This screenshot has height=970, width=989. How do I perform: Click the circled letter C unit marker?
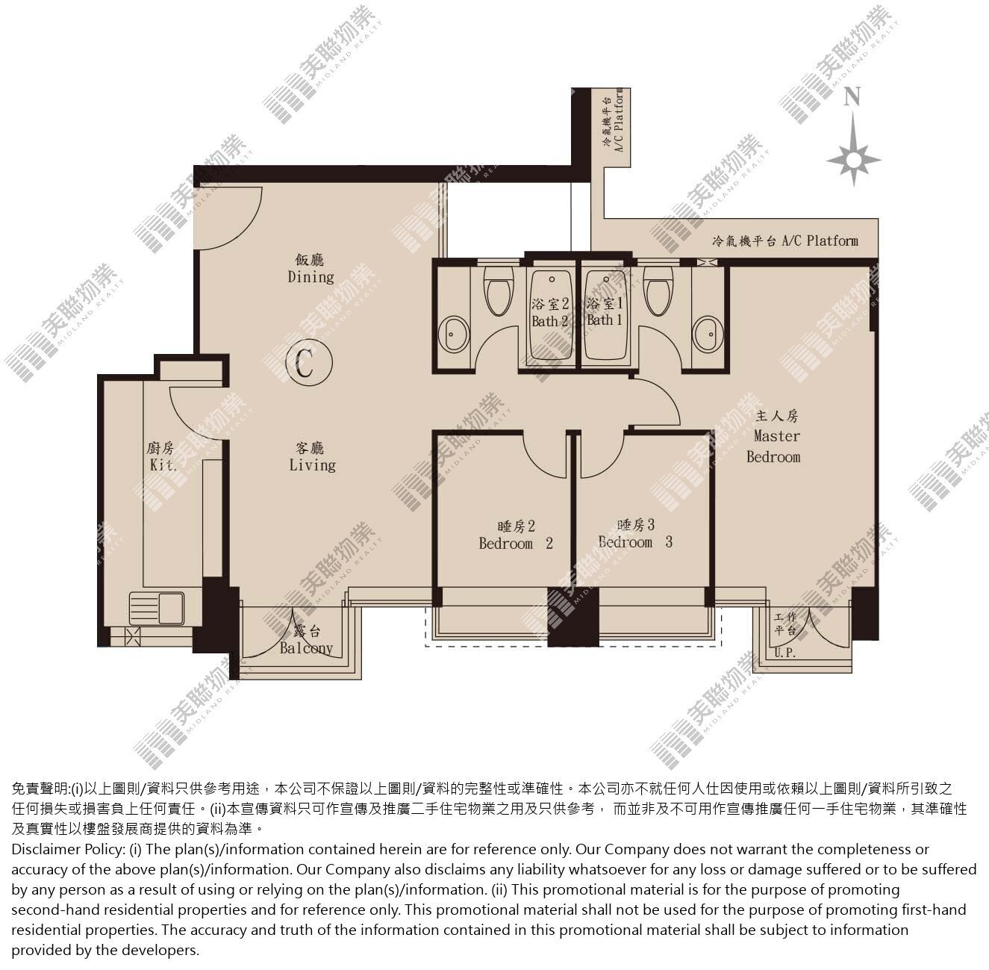(309, 362)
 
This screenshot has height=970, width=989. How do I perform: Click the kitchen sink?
(157, 609)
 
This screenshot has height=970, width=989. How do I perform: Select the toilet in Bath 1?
(658, 291)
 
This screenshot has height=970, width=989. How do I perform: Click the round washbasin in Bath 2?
(455, 335)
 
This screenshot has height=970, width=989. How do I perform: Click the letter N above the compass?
(852, 96)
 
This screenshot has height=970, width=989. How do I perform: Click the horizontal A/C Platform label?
(785, 240)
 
